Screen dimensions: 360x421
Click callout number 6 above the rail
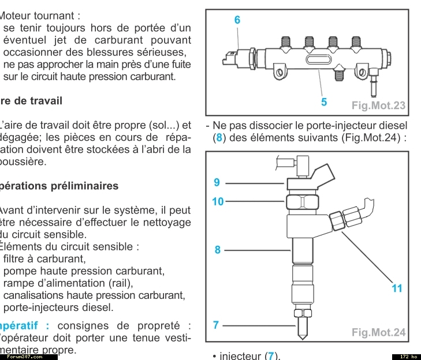[237, 20]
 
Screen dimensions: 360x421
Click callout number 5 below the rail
[324, 102]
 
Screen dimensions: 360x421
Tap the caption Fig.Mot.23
[378, 105]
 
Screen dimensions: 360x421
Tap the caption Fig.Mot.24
[378, 332]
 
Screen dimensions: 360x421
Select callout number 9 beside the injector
[217, 182]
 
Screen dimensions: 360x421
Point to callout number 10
[218, 202]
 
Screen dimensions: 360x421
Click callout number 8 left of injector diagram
[218, 250]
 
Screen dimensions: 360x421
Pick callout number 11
[397, 288]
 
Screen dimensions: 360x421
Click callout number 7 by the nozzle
[216, 325]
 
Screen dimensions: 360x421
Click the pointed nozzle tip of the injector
[302, 336]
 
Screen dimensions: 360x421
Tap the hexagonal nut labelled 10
[303, 201]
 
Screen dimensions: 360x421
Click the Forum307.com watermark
[29, 357]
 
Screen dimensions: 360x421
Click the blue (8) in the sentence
[219, 138]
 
